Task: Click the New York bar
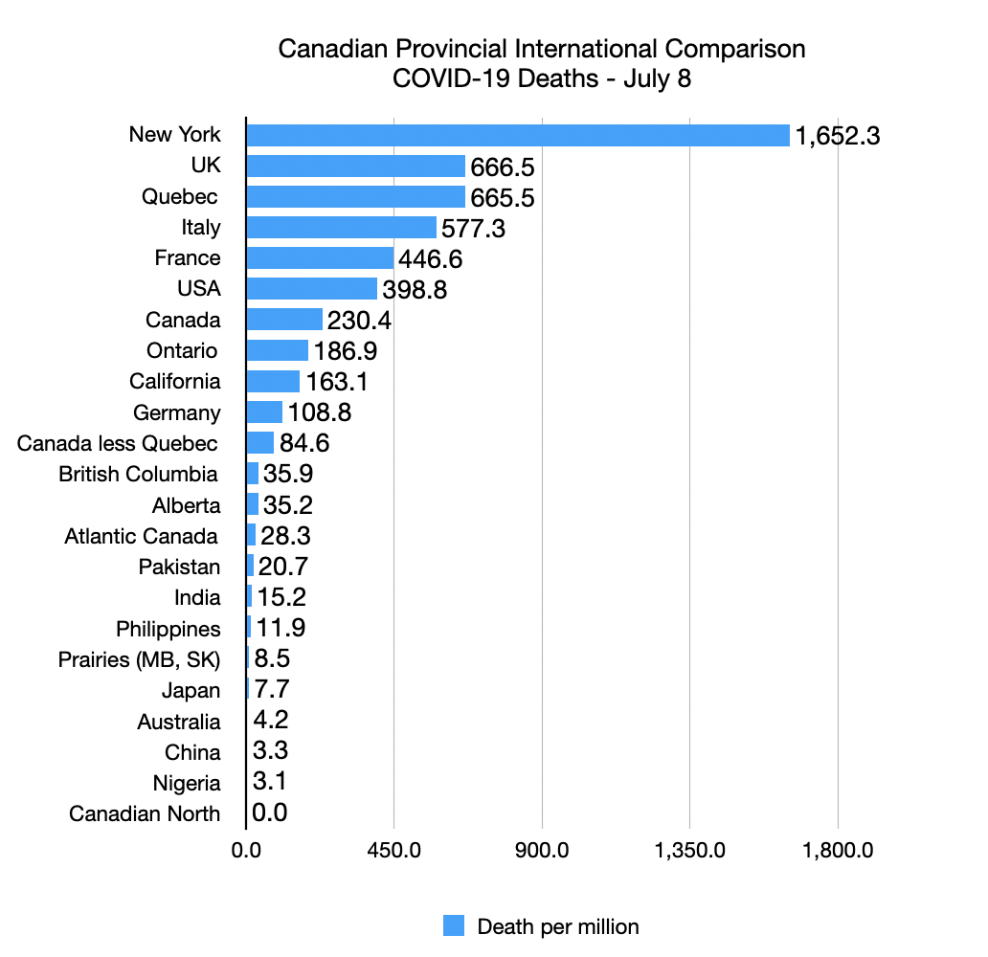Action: (518, 135)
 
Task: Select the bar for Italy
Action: (341, 228)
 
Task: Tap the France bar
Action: (320, 258)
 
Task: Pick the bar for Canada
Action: (284, 320)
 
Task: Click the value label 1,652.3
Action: (837, 136)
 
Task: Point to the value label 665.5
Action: (502, 197)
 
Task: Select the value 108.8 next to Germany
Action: (321, 412)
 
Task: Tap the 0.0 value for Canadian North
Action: (270, 813)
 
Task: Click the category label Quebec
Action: (180, 197)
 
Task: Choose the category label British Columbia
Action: (138, 475)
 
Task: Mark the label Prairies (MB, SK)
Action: (139, 659)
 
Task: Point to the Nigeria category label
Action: (187, 783)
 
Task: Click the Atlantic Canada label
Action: (141, 536)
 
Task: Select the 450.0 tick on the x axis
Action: (394, 849)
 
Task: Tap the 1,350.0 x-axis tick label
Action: (690, 849)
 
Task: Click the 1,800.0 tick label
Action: (839, 849)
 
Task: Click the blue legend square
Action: (454, 925)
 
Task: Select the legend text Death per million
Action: (557, 926)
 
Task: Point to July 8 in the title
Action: (657, 78)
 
